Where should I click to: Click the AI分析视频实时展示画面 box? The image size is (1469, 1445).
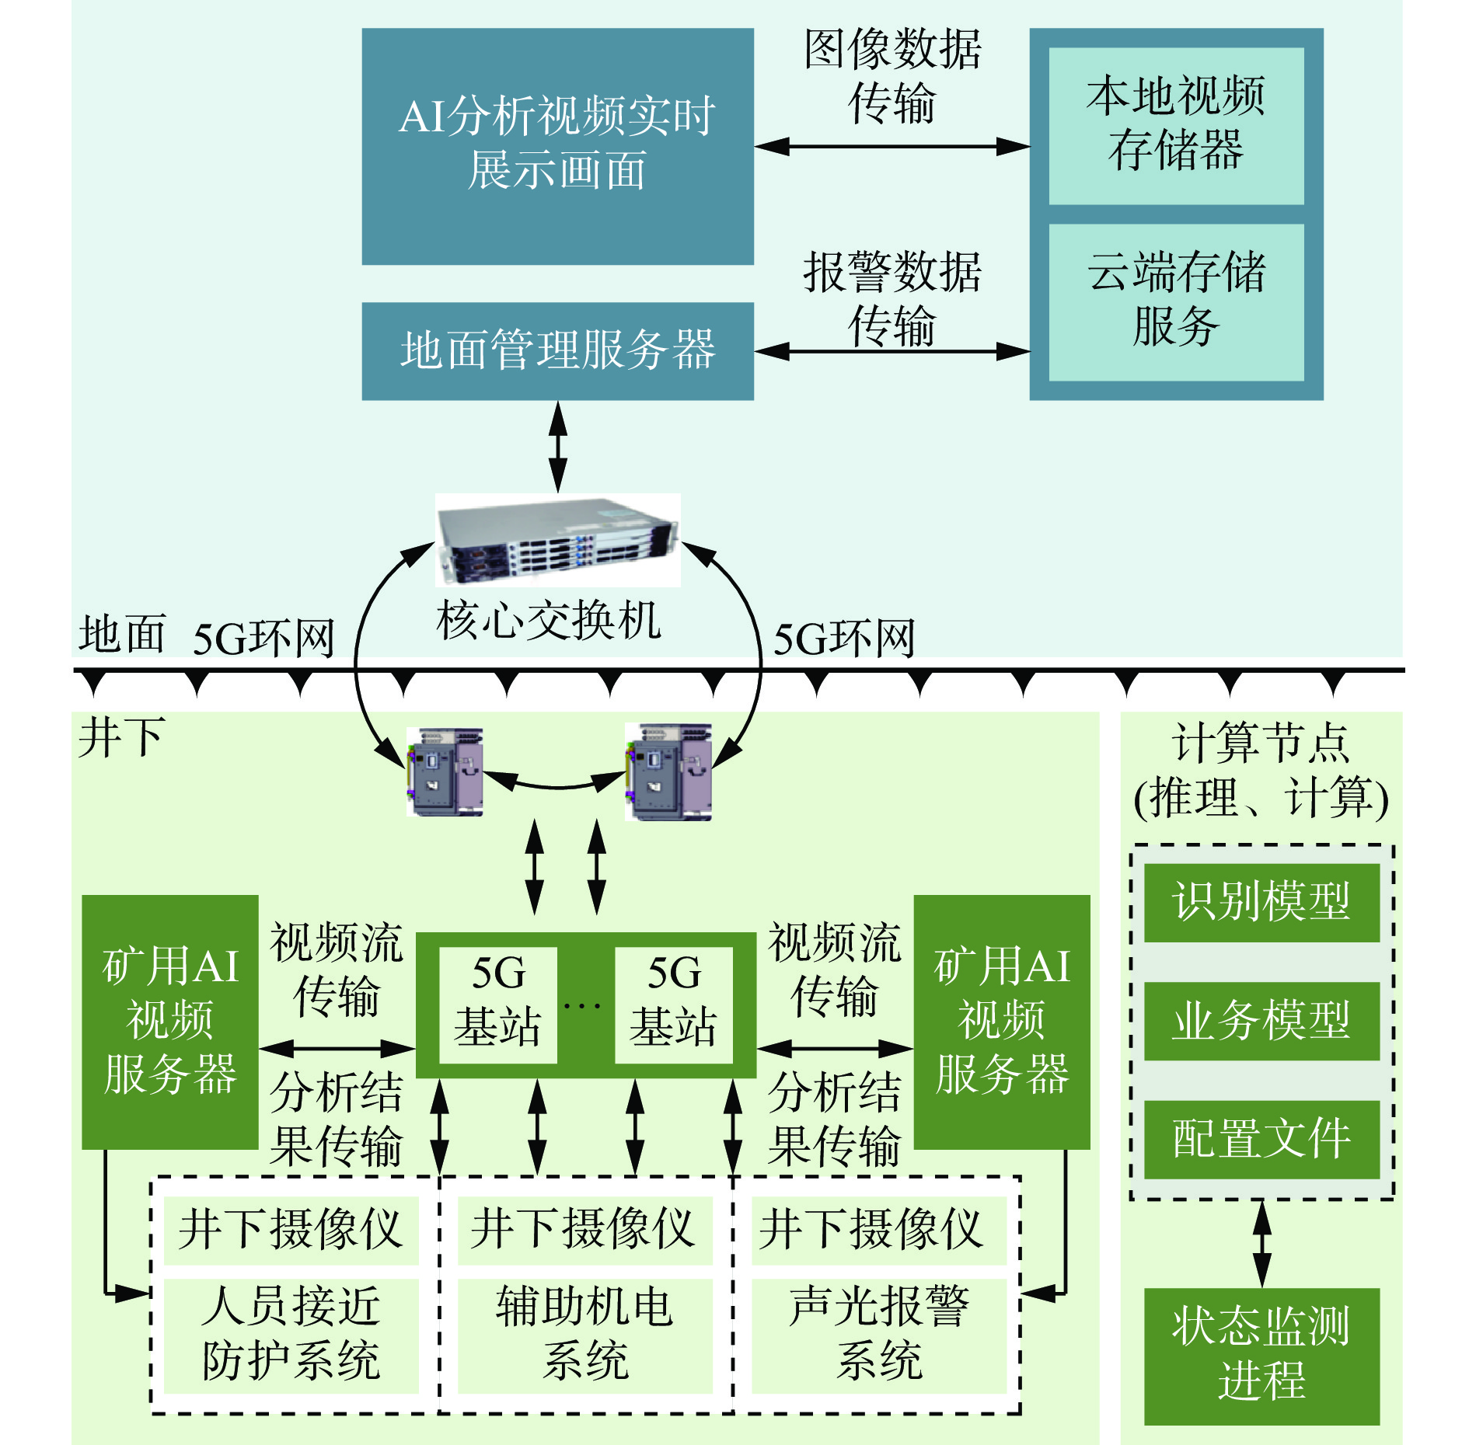557,146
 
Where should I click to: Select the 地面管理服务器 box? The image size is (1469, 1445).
557,351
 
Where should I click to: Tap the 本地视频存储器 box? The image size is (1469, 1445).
1175,126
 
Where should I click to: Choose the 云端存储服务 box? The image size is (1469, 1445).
1175,301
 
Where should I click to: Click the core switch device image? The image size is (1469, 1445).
557,540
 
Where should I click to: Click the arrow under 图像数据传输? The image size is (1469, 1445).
892,146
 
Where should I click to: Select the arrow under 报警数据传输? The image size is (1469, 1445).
892,351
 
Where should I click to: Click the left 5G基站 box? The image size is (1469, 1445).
498,1004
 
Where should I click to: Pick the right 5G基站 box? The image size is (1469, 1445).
673,1004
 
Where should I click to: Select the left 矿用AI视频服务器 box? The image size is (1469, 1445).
170,1022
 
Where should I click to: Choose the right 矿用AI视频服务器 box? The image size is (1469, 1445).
1001,1022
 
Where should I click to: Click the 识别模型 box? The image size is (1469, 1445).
1261,903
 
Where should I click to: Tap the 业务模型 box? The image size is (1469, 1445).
1261,1021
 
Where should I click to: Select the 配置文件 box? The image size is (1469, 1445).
1261,1139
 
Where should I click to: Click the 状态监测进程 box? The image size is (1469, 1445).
1261,1355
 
